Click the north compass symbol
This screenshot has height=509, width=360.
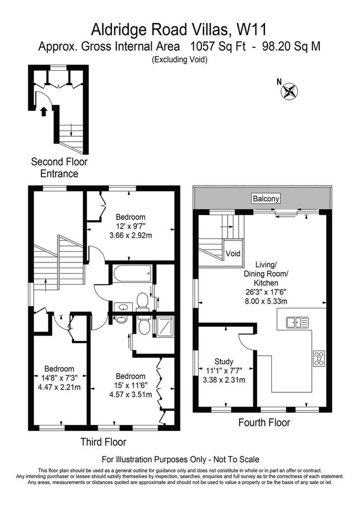coord(289,90)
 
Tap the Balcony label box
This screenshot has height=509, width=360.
coord(266,199)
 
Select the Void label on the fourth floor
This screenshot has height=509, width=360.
coord(233,253)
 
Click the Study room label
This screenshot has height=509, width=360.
coord(224,361)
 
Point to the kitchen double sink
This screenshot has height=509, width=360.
coord(297,323)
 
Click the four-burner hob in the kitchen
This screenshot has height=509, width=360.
coord(319,358)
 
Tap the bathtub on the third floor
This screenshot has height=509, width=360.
coord(132,274)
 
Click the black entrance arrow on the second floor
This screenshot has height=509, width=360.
coord(43,112)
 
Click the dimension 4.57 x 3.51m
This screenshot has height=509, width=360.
coord(130,395)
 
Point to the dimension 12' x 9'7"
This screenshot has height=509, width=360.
coord(131,226)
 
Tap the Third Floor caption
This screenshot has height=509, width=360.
coord(103,442)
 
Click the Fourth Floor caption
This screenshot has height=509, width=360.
coord(264,423)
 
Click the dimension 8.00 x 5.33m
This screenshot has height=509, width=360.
coord(266,301)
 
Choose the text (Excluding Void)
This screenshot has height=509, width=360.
coord(180,60)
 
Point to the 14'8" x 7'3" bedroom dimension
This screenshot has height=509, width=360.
coord(59,378)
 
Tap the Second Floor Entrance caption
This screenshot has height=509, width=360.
coord(59,168)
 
